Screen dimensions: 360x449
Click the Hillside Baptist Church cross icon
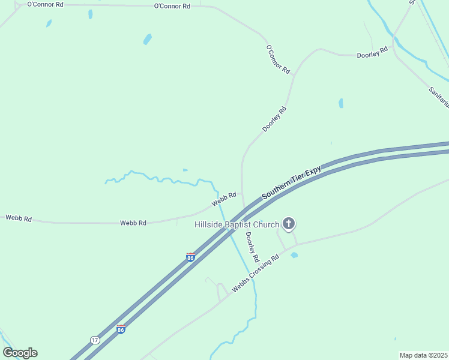pyautogui.click(x=289, y=224)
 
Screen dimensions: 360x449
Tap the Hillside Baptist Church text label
pyautogui.click(x=237, y=225)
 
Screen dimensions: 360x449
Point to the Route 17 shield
pyautogui.click(x=95, y=340)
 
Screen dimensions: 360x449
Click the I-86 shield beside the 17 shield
pyautogui.click(x=121, y=329)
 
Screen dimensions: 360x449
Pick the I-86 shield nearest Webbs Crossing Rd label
pyautogui.click(x=190, y=257)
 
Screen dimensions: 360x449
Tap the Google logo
pyautogui.click(x=20, y=352)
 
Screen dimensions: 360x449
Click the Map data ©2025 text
pyautogui.click(x=423, y=355)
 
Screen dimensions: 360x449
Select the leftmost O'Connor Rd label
pyautogui.click(x=46, y=4)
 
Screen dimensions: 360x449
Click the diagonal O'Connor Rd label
pyautogui.click(x=278, y=59)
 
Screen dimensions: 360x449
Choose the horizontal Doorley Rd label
pyautogui.click(x=372, y=55)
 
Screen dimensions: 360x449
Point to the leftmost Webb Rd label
pyautogui.click(x=19, y=218)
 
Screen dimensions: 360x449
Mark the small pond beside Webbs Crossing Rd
pyautogui.click(x=294, y=255)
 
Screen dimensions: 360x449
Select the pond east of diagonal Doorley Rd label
pyautogui.click(x=341, y=103)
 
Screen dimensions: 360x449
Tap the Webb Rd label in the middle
pyautogui.click(x=133, y=223)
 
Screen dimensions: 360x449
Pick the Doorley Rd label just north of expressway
pyautogui.click(x=274, y=119)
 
